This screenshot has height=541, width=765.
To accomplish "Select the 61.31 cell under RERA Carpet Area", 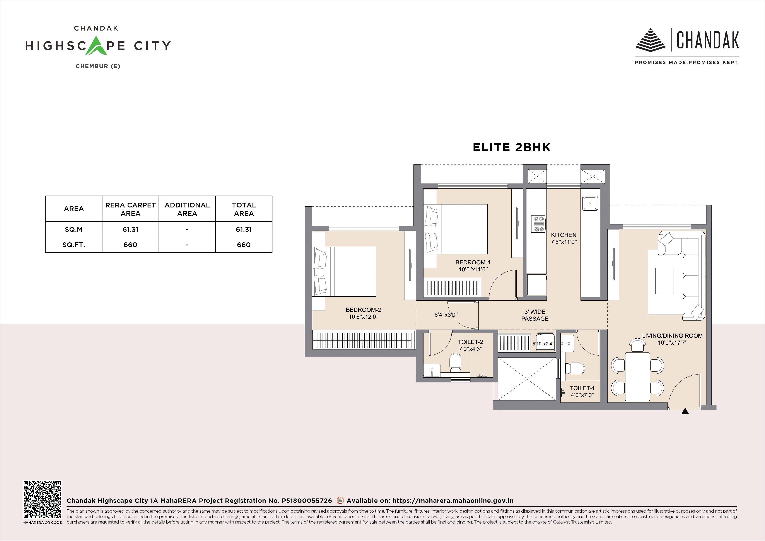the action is pyautogui.click(x=130, y=229).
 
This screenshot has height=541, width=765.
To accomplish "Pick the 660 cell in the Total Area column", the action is pyautogui.click(x=244, y=245).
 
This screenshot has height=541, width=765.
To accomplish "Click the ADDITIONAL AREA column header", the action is pyautogui.click(x=187, y=209).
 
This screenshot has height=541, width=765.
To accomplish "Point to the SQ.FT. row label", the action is pyautogui.click(x=74, y=245).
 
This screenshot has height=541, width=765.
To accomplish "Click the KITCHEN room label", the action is pyautogui.click(x=564, y=235).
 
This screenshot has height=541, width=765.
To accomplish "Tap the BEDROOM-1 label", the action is pyautogui.click(x=473, y=262).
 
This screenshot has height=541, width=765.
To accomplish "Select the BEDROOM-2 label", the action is pyautogui.click(x=363, y=310).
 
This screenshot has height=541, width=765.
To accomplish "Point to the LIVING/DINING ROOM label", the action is pyautogui.click(x=672, y=336).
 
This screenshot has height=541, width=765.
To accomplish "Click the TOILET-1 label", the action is pyautogui.click(x=582, y=388).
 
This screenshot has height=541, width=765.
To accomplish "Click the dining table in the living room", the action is pyautogui.click(x=637, y=377).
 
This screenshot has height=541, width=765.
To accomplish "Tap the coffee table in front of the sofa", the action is pyautogui.click(x=664, y=281).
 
